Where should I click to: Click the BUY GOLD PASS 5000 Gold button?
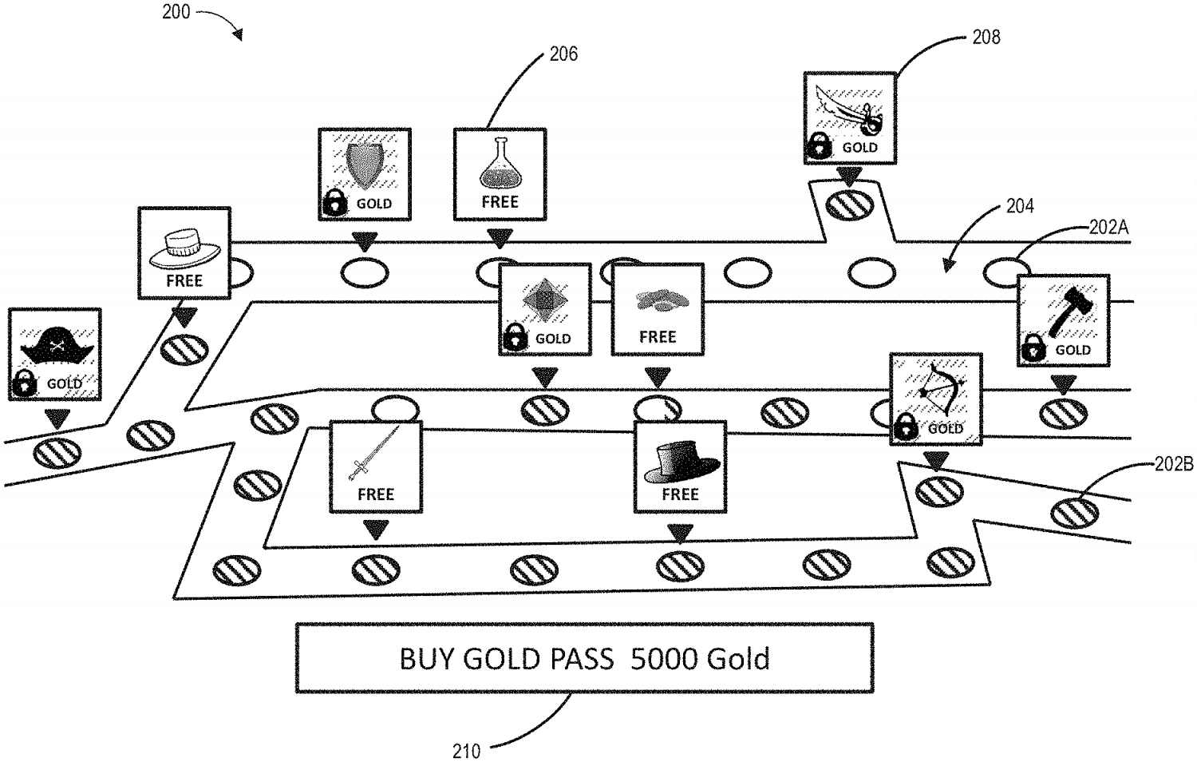pos(584,658)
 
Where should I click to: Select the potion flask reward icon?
pos(500,164)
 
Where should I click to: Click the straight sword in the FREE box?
pos(373,454)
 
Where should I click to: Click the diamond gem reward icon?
pos(544,300)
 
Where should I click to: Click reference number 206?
pos(563,54)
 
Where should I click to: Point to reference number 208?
pos(986,37)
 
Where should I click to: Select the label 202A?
pos(1109,228)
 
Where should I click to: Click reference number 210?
pos(467,750)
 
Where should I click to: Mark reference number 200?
pos(176,12)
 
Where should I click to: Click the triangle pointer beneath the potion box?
pos(500,238)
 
